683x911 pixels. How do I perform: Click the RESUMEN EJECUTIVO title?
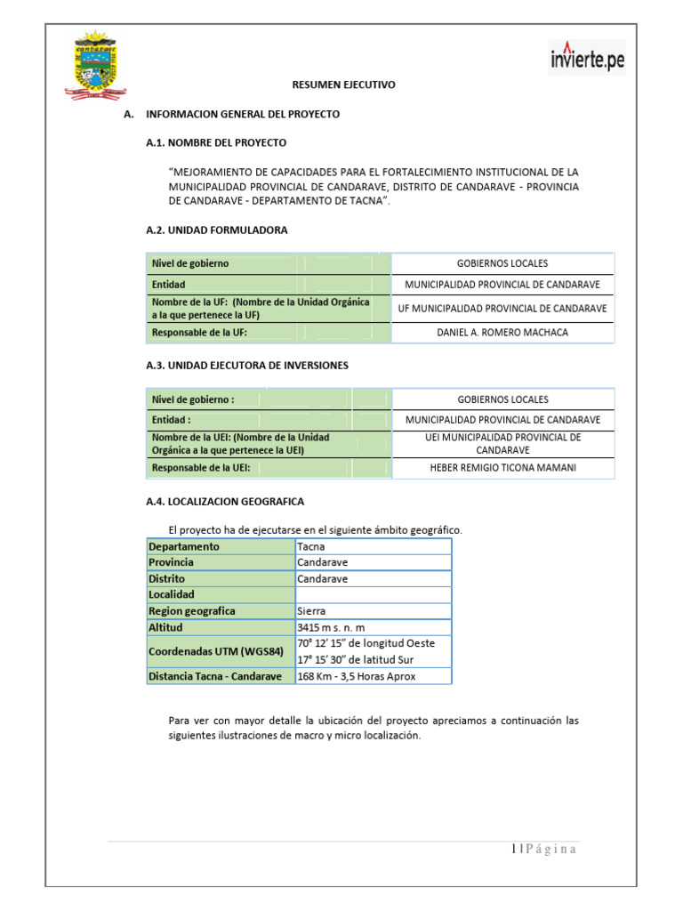point(344,85)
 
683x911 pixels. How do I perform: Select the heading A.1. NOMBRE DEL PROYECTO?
point(216,142)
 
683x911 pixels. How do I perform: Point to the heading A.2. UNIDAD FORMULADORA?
point(216,230)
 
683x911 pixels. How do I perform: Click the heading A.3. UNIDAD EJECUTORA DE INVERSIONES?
point(246,365)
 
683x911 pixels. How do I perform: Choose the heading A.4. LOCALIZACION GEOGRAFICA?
point(224,502)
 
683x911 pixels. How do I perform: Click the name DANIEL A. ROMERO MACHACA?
point(502,333)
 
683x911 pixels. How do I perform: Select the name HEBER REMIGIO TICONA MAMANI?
point(502,468)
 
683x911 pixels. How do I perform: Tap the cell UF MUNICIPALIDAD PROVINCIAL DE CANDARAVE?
point(502,308)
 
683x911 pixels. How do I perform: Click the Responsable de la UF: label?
point(199,333)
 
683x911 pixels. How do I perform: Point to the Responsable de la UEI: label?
point(201,468)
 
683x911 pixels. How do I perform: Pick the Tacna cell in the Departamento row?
point(311,546)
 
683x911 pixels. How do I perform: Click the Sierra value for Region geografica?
point(311,611)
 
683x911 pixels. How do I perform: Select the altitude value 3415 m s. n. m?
point(331,627)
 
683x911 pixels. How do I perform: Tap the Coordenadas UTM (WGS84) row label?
point(216,651)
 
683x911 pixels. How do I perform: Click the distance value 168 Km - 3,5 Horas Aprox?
point(356,676)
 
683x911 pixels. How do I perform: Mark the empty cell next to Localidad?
point(373,594)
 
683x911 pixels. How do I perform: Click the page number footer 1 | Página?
point(544,849)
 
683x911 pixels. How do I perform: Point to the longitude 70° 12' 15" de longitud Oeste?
point(366,643)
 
